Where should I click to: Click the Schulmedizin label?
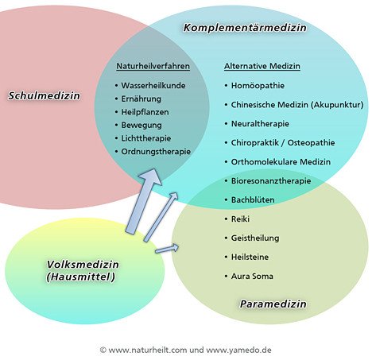pos(44,95)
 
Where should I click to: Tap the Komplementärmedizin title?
pos(245,27)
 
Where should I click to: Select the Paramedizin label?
pos(273,304)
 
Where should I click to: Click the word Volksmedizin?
pos(83,265)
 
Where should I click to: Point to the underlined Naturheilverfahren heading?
pos(153,66)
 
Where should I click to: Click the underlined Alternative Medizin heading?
pos(262,66)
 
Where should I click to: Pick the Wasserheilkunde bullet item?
pos(153,86)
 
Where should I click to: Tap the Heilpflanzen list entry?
pos(145,112)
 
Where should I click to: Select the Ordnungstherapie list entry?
pos(156,152)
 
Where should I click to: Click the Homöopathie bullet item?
pos(258,86)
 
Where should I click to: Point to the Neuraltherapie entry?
pos(260,124)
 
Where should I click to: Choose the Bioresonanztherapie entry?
pos(271,181)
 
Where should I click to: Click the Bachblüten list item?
pos(253,199)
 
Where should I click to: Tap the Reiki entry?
pos(240,219)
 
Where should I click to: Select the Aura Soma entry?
pos(252,277)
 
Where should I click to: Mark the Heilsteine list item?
pos(250,257)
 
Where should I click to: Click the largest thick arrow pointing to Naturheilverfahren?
pos(143,201)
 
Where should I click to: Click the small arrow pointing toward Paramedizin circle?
pos(167,249)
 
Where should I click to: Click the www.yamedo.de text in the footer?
pos(238,350)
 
